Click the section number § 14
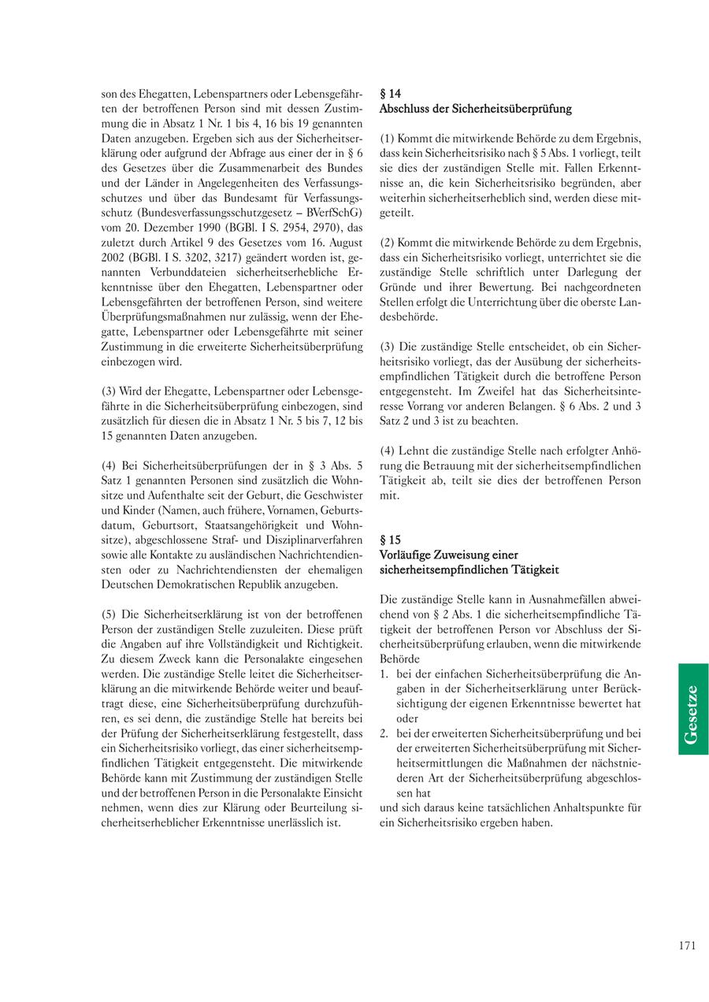(x=390, y=93)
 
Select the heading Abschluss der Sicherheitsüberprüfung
(x=475, y=109)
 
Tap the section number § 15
(x=390, y=540)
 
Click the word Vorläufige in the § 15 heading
(x=407, y=555)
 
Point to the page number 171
(x=686, y=946)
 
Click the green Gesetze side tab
(x=692, y=709)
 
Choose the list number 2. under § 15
(x=384, y=733)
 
